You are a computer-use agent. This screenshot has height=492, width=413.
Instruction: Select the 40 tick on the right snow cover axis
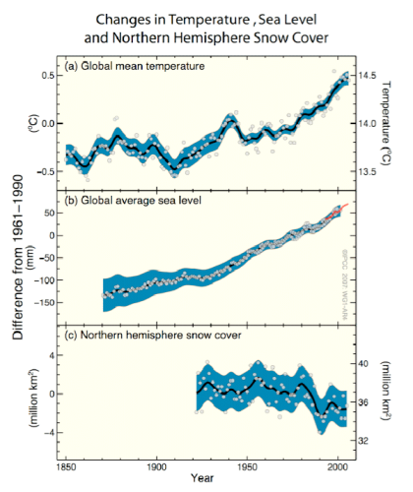[362, 363]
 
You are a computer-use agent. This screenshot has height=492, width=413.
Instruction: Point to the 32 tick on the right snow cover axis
[362, 441]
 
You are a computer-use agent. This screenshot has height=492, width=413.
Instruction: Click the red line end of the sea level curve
[345, 204]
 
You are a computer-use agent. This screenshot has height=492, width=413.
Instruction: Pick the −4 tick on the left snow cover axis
[46, 432]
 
